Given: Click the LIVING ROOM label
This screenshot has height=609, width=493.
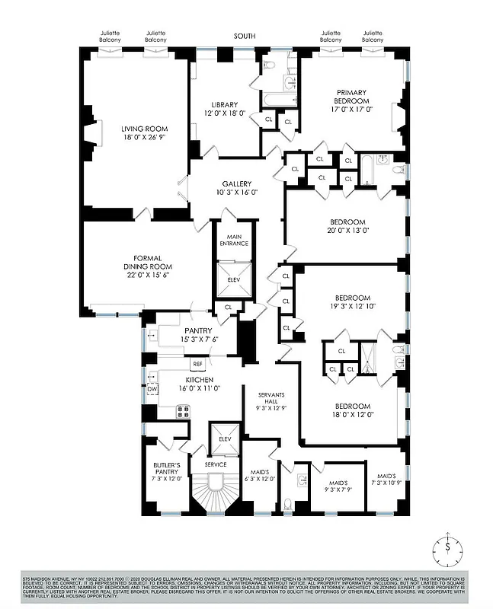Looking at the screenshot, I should pos(145,129).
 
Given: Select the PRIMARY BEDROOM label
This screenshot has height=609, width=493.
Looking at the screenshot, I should pos(351,96).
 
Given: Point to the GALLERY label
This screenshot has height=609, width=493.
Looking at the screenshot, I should pos(236,184).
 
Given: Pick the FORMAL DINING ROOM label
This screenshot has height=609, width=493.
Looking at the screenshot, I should pos(148,262).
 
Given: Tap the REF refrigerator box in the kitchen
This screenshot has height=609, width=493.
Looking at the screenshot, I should pos(197,365).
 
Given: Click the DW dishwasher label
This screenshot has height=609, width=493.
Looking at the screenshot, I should pos(152,389).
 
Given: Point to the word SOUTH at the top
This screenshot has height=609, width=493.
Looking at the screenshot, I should pos(245,36).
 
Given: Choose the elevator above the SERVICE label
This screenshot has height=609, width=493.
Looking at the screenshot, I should pos(226,438).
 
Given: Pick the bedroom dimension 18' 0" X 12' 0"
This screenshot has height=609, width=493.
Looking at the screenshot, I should pos(353,415).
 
